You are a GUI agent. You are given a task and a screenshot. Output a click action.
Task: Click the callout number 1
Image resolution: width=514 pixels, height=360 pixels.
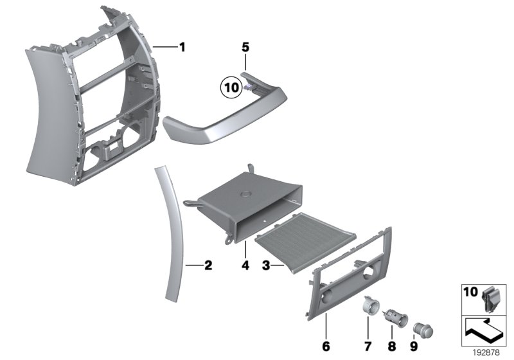point(182,46)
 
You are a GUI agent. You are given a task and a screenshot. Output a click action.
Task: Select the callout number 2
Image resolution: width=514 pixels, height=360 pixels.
point(208,264)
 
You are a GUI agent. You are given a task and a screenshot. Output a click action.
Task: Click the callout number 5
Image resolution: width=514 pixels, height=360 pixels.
point(245,47)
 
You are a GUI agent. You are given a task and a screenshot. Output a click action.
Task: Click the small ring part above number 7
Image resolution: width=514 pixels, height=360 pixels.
point(369,305)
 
